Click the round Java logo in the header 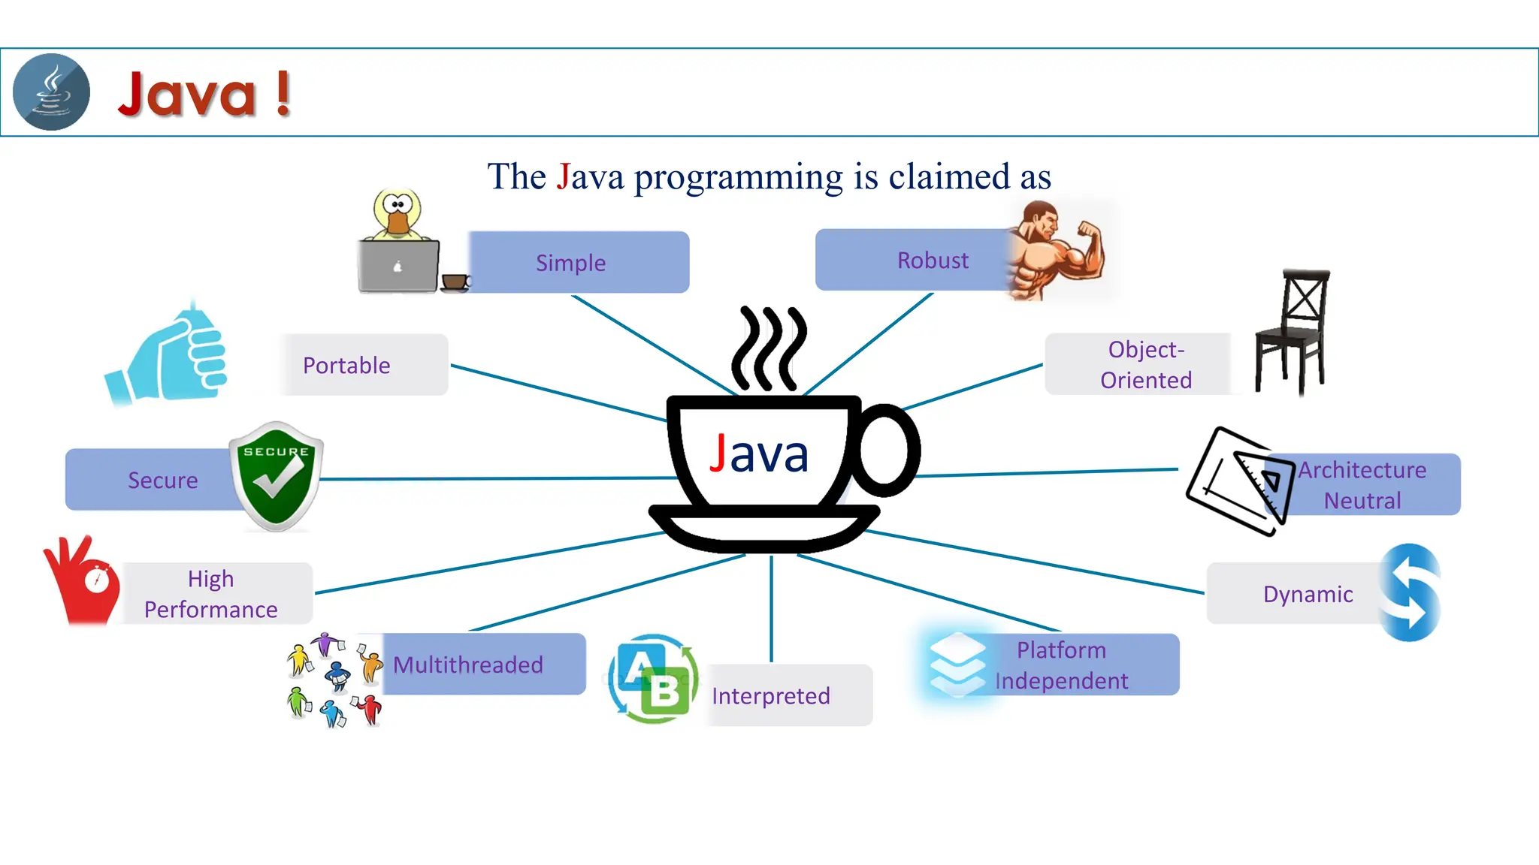click(51, 92)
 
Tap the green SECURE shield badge click(277, 476)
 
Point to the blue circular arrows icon click(1411, 592)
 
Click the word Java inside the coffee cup click(759, 454)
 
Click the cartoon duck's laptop click(398, 266)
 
